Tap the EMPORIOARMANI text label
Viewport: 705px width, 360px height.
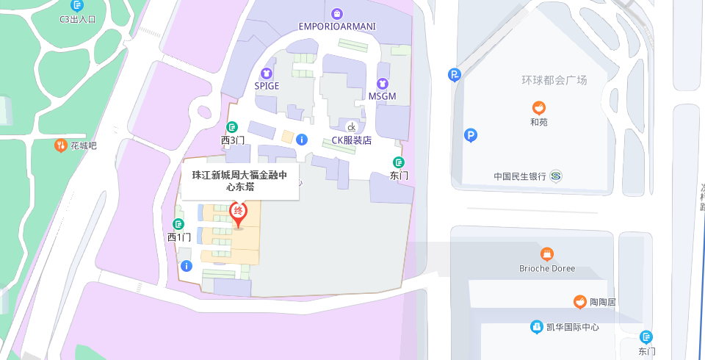tap(337, 26)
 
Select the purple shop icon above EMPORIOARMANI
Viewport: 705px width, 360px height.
tap(337, 12)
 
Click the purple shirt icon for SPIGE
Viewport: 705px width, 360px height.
tap(267, 73)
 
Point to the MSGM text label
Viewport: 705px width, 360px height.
tap(382, 96)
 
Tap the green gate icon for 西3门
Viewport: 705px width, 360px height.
tap(232, 127)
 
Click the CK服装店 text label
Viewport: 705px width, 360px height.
tap(352, 140)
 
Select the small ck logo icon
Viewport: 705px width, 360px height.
tap(352, 127)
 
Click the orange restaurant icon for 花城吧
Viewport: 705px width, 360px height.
tap(59, 145)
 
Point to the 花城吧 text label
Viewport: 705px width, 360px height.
tap(83, 145)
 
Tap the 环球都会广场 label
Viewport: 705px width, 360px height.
tap(554, 80)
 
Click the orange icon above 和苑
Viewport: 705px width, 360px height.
tap(539, 108)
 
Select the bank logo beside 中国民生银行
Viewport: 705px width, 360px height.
tap(556, 176)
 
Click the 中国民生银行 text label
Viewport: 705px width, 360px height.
tap(520, 176)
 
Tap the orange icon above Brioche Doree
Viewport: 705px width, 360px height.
tap(547, 254)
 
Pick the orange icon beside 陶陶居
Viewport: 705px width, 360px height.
tap(580, 302)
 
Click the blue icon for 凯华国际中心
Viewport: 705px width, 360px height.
tap(537, 327)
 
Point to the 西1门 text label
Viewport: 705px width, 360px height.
tap(179, 237)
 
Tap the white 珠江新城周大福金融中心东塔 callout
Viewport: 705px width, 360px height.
tap(240, 181)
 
